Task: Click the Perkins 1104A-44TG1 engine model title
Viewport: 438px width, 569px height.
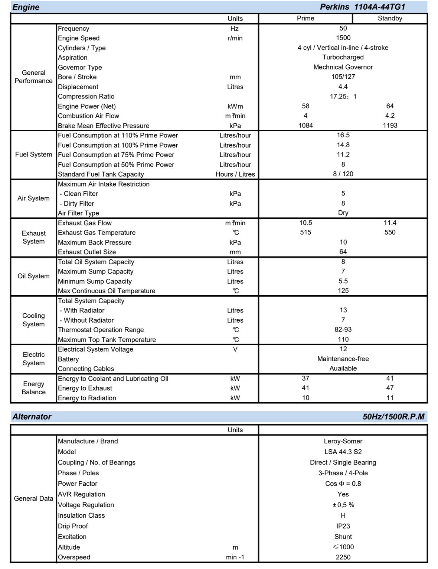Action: tap(362, 7)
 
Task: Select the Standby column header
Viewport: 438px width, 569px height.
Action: tap(390, 18)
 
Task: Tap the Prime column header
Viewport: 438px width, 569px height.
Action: tap(305, 18)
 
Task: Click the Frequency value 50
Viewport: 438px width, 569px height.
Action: tap(343, 28)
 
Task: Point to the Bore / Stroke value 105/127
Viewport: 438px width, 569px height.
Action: tap(343, 77)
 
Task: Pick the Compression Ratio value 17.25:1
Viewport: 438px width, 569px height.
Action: tap(343, 96)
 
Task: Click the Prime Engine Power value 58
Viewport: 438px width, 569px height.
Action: tap(305, 106)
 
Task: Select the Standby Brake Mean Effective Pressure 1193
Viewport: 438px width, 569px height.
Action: tap(390, 126)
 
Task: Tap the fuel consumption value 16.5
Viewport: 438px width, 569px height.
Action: tap(343, 135)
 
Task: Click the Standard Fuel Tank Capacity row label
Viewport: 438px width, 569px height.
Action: tap(101, 174)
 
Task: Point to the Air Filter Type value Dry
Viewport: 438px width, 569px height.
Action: tap(343, 213)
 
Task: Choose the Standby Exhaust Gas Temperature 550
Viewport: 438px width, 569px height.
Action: tap(390, 232)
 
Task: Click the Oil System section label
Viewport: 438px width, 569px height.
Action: tap(33, 276)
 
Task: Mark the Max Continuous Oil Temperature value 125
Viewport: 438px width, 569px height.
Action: tap(343, 291)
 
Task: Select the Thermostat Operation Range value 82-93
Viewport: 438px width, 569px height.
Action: tap(343, 330)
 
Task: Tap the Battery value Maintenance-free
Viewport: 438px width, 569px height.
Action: tap(343, 359)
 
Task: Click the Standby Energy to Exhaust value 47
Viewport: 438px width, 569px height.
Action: tap(390, 388)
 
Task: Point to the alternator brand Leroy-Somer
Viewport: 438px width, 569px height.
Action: tap(343, 441)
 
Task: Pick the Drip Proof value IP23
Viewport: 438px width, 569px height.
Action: tap(343, 526)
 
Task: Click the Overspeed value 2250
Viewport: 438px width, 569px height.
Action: tap(343, 557)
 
